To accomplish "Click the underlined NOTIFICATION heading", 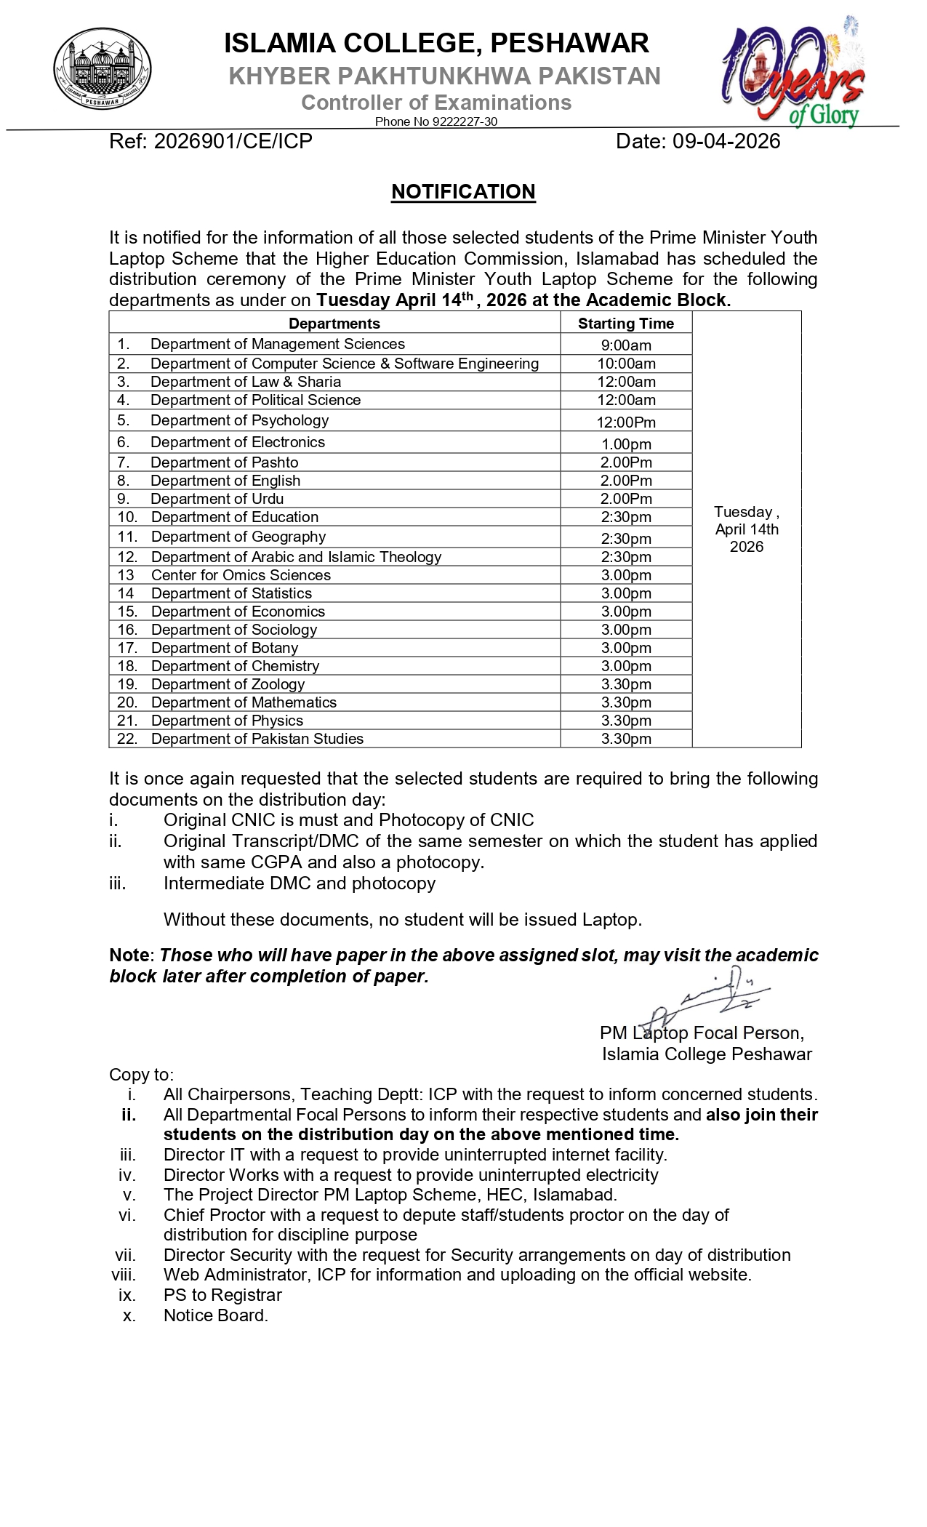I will (x=463, y=192).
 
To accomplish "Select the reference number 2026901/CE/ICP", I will (x=233, y=141).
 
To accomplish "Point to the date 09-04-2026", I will (x=726, y=141).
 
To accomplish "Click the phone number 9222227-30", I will (x=465, y=121).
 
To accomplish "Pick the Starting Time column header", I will (x=625, y=324).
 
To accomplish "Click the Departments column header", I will (x=334, y=324).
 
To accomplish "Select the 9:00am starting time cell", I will (x=625, y=345).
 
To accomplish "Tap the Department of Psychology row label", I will (x=239, y=420).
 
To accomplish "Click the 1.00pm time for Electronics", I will (x=625, y=444).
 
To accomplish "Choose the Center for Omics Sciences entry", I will (x=241, y=575).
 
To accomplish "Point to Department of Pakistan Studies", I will (x=257, y=739).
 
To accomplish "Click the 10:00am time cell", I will (x=625, y=364).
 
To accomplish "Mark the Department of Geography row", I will (x=238, y=537).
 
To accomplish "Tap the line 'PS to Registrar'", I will (x=222, y=1295).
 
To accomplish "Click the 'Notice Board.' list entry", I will (x=216, y=1315).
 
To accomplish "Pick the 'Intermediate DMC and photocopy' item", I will (x=299, y=883).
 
